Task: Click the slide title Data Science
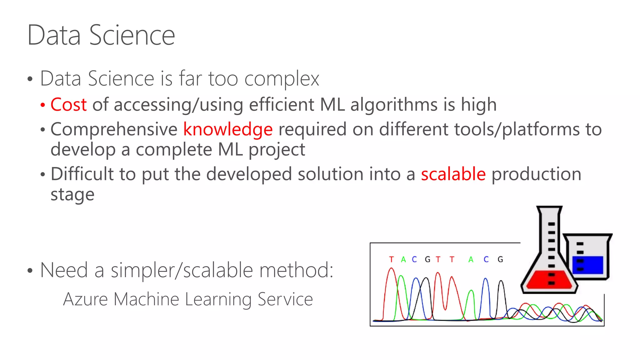pos(101,35)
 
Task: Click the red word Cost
pos(68,104)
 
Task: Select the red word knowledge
pos(228,129)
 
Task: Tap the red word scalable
pos(453,174)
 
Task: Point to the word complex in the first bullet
pos(282,78)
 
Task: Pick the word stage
pos(72,195)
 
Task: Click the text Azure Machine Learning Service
pos(188,299)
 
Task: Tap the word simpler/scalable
pos(182,270)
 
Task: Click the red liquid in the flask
pos(549,280)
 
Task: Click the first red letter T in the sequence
pos(391,259)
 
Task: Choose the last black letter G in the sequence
pos(500,259)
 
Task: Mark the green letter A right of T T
pos(471,259)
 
